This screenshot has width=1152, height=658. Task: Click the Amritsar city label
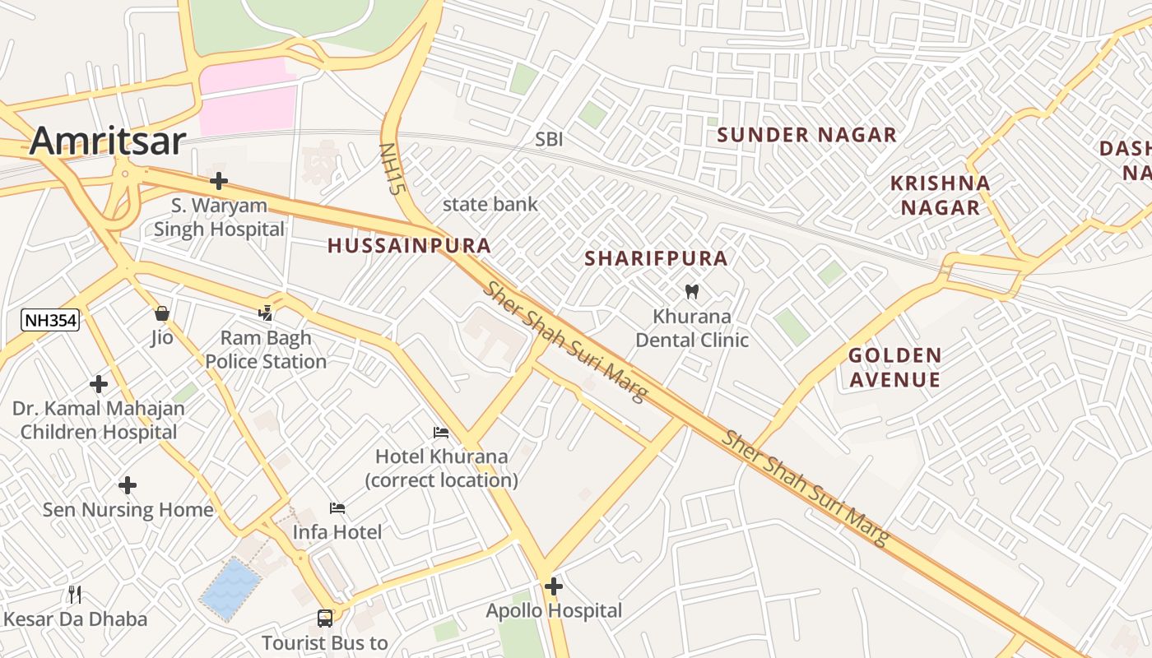click(108, 141)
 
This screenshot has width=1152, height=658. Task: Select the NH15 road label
click(393, 169)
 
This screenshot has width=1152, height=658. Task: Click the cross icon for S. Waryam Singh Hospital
click(219, 181)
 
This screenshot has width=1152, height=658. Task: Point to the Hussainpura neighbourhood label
click(409, 245)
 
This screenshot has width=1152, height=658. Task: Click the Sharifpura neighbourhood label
click(656, 258)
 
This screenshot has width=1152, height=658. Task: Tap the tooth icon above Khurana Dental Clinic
click(691, 291)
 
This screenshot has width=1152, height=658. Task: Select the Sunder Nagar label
click(806, 135)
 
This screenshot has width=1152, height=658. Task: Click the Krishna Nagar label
click(940, 195)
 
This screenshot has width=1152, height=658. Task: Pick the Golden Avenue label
click(894, 368)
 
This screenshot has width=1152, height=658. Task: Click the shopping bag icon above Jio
click(161, 313)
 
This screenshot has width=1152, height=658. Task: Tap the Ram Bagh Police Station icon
click(265, 313)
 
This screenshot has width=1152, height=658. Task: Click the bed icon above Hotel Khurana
click(441, 433)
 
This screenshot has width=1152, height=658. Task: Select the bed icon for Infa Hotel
click(337, 508)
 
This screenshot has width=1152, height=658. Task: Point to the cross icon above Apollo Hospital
click(554, 586)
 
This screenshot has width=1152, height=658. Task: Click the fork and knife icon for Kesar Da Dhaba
click(75, 594)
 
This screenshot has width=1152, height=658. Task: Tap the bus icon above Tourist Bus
click(325, 618)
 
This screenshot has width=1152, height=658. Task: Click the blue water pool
click(231, 589)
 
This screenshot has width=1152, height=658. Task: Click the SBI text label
click(549, 139)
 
